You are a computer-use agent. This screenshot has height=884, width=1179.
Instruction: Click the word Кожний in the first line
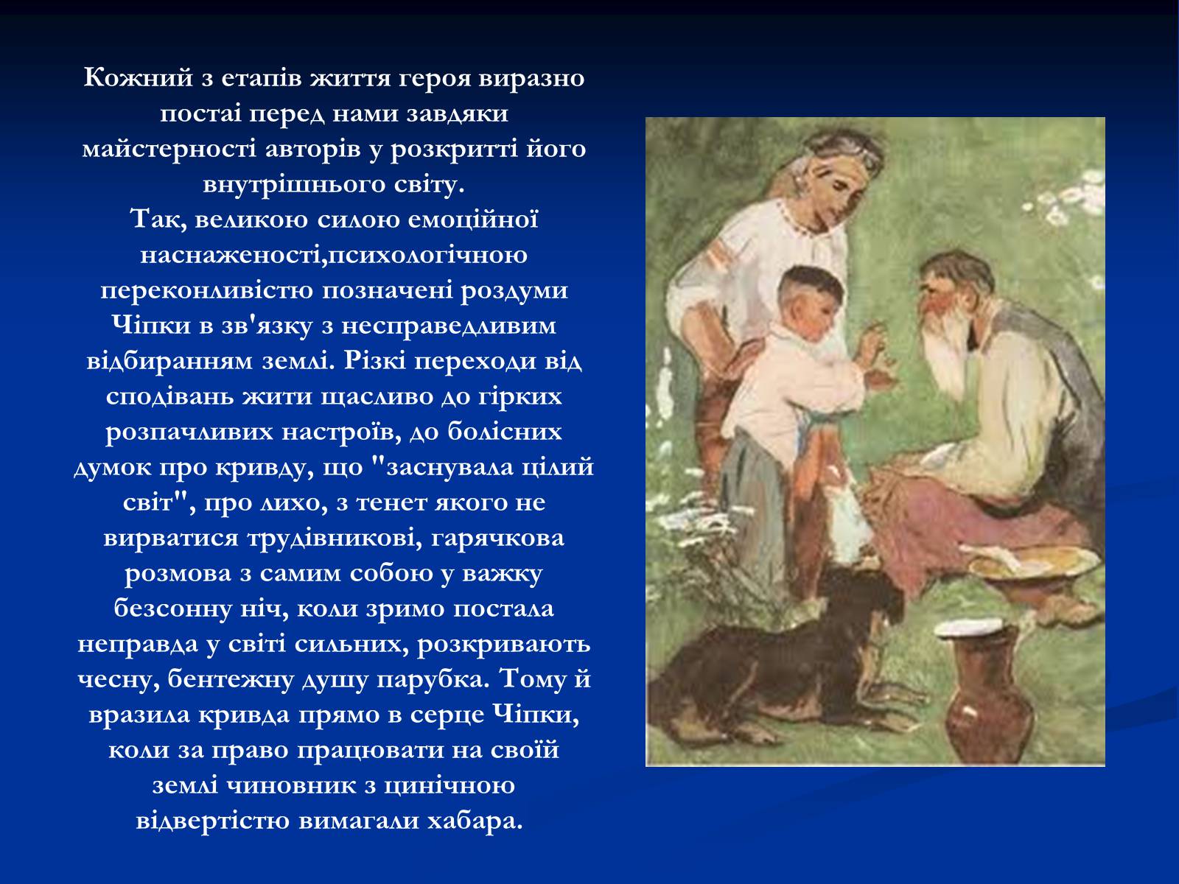138,78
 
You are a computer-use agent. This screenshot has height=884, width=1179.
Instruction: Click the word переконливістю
207,291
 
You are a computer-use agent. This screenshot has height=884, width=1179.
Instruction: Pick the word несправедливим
449,326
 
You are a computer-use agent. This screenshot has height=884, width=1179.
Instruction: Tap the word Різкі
375,362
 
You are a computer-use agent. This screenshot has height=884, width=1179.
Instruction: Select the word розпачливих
189,432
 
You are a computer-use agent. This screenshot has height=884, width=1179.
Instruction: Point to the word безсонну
173,609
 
